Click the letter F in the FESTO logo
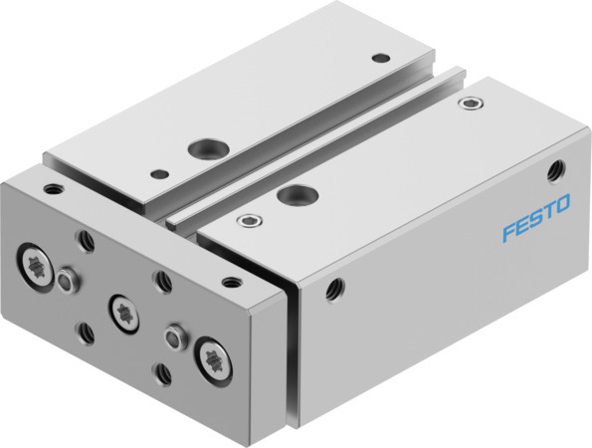coord(508,233)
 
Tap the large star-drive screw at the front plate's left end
coord(36,264)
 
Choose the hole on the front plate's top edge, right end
coord(231,282)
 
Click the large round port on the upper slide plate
coord(204,149)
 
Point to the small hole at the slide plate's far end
coord(380,57)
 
